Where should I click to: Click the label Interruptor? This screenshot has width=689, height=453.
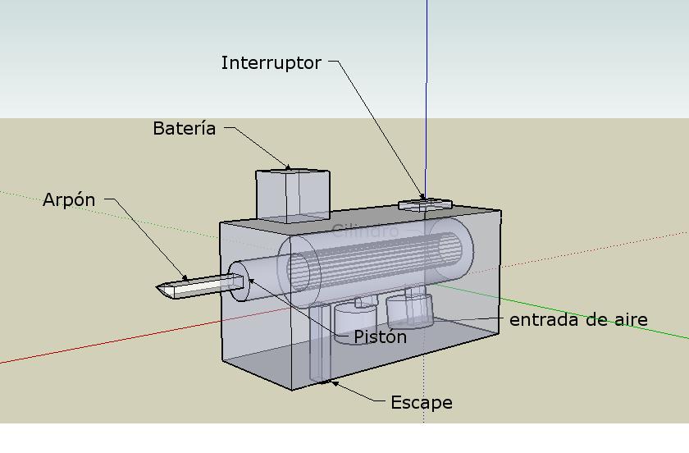tap(271, 63)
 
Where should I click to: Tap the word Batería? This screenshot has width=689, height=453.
tap(185, 129)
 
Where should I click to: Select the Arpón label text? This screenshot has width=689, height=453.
tap(69, 200)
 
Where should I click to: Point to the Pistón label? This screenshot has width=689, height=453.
tap(380, 336)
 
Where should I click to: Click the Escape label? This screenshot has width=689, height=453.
tap(421, 403)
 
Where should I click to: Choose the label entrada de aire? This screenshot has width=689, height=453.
tap(578, 320)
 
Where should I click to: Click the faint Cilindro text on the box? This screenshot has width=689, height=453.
tap(365, 231)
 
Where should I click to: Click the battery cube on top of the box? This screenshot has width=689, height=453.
tap(292, 195)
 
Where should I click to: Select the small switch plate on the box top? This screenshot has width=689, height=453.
tap(425, 204)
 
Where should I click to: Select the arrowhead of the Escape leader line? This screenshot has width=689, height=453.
tap(330, 382)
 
